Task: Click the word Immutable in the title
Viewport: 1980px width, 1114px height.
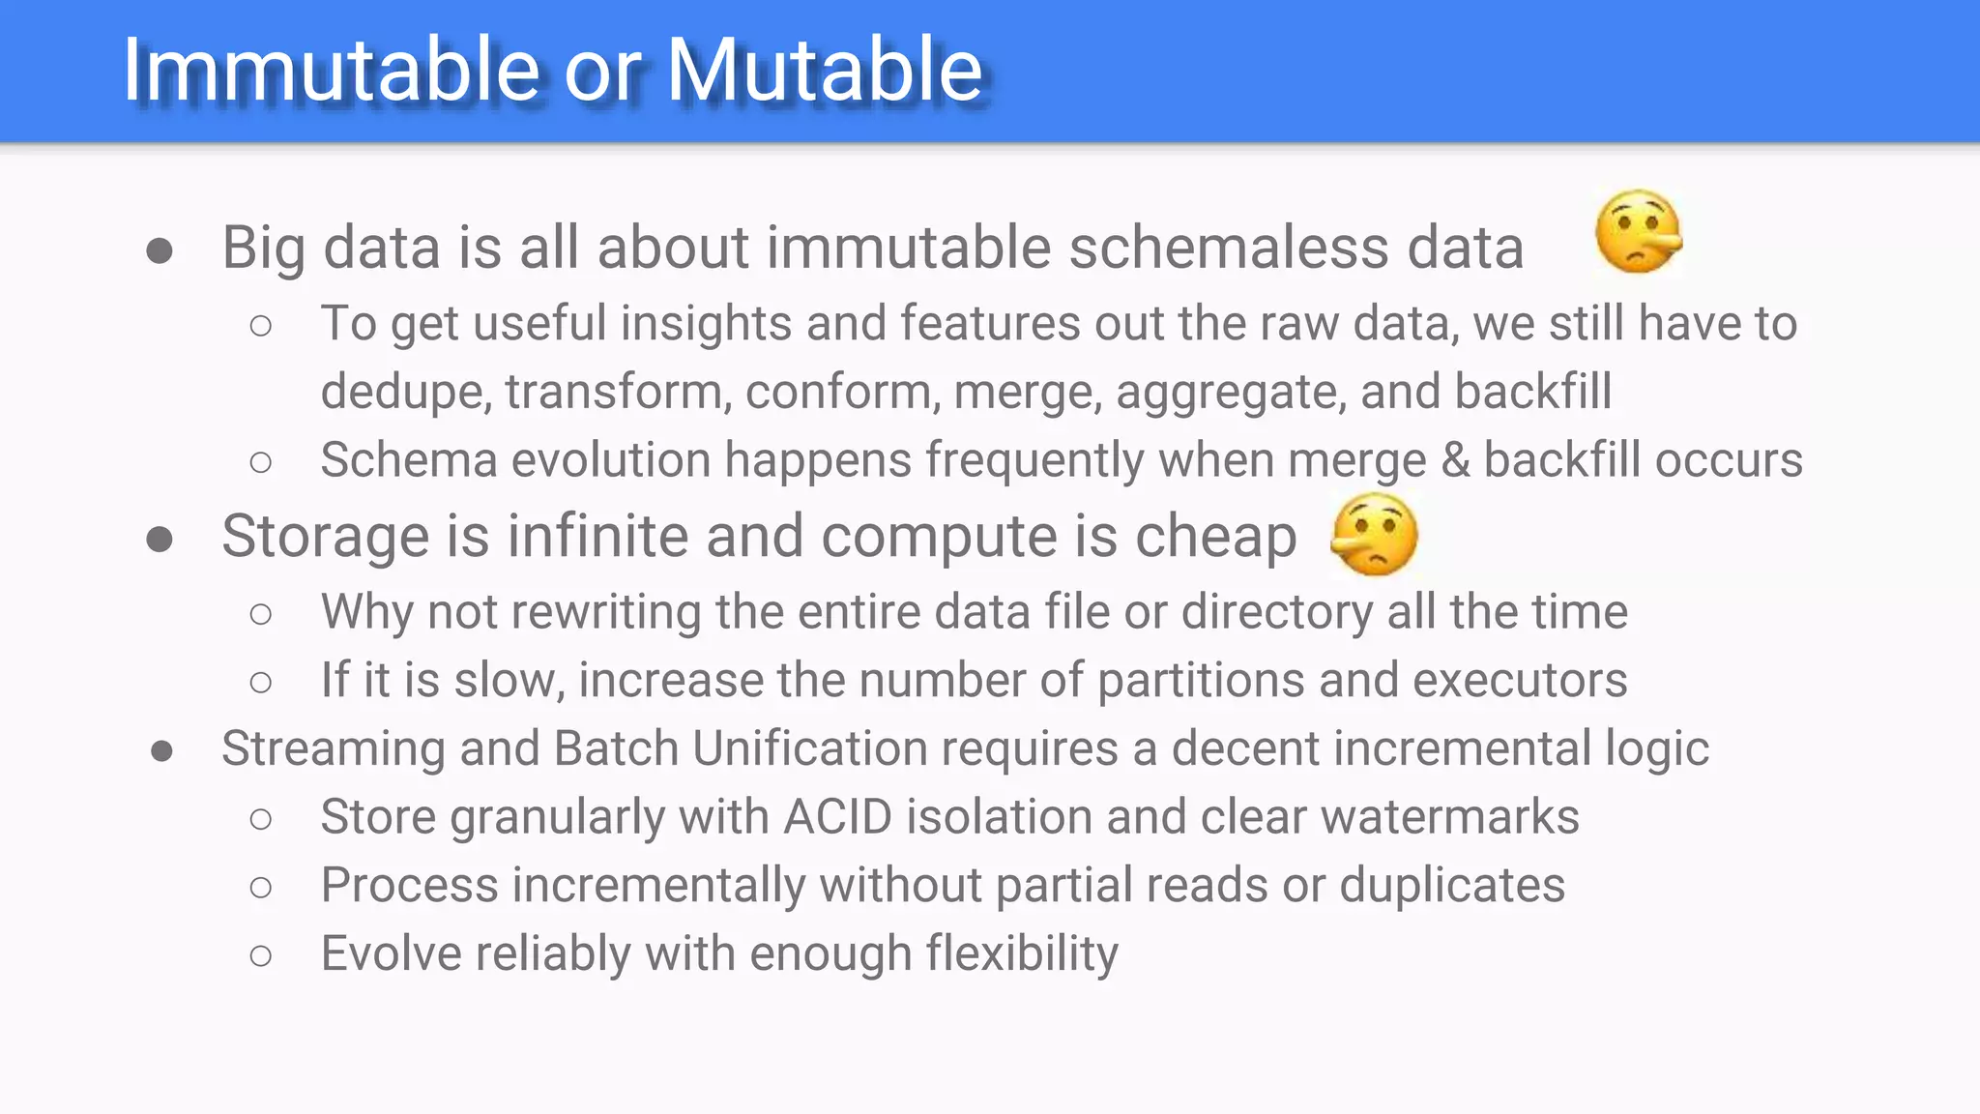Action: click(x=330, y=70)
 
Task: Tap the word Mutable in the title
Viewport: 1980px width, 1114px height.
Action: click(x=825, y=70)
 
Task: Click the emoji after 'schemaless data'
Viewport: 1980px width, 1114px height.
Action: click(x=1639, y=232)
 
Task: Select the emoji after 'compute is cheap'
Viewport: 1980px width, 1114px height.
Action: click(x=1374, y=534)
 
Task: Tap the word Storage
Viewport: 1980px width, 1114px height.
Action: click(x=325, y=537)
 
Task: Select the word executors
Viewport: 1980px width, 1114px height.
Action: click(x=1520, y=680)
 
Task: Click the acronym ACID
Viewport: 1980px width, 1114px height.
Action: click(x=837, y=817)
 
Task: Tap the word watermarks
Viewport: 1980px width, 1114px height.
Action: click(x=1449, y=817)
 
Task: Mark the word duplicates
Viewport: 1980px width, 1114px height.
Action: click(x=1451, y=886)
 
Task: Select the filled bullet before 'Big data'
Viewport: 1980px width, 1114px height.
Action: click(x=160, y=251)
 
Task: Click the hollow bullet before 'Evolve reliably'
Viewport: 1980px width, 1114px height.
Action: click(x=260, y=956)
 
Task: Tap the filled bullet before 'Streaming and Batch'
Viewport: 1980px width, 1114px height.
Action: click(x=161, y=750)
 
